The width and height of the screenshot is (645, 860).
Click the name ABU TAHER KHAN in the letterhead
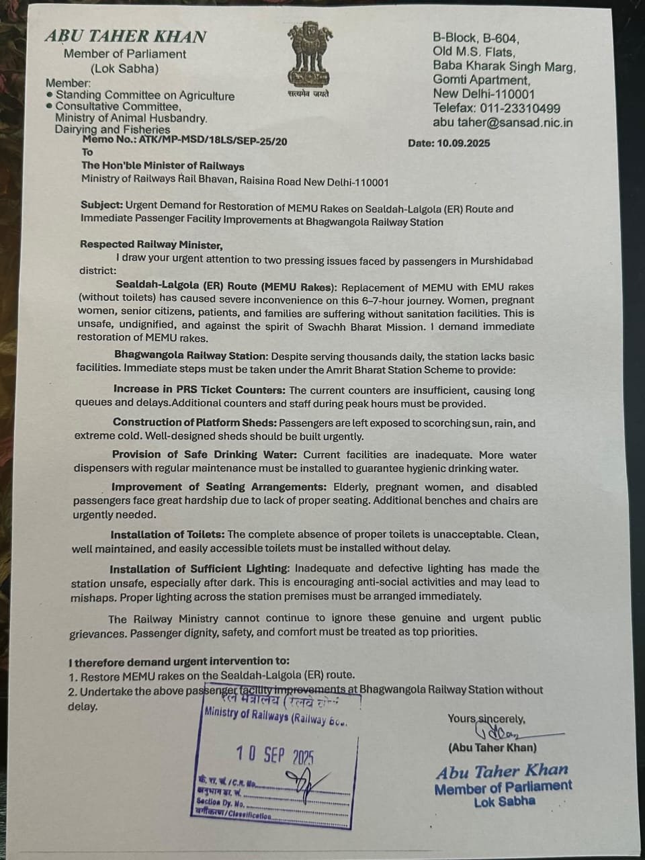(126, 36)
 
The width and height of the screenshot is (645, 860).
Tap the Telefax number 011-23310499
(519, 108)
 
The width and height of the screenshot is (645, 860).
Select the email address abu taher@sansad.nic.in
(503, 122)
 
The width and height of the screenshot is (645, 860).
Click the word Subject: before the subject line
(101, 208)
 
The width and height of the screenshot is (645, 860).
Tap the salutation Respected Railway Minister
(151, 245)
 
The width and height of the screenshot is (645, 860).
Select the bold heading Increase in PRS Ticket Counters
(200, 390)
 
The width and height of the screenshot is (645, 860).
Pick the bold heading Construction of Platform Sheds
(195, 423)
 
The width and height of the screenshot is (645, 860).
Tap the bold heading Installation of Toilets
(168, 535)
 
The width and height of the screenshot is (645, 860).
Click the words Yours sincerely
(486, 718)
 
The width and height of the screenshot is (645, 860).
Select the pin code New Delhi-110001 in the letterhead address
(484, 94)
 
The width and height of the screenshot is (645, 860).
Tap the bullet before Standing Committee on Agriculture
(50, 95)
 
